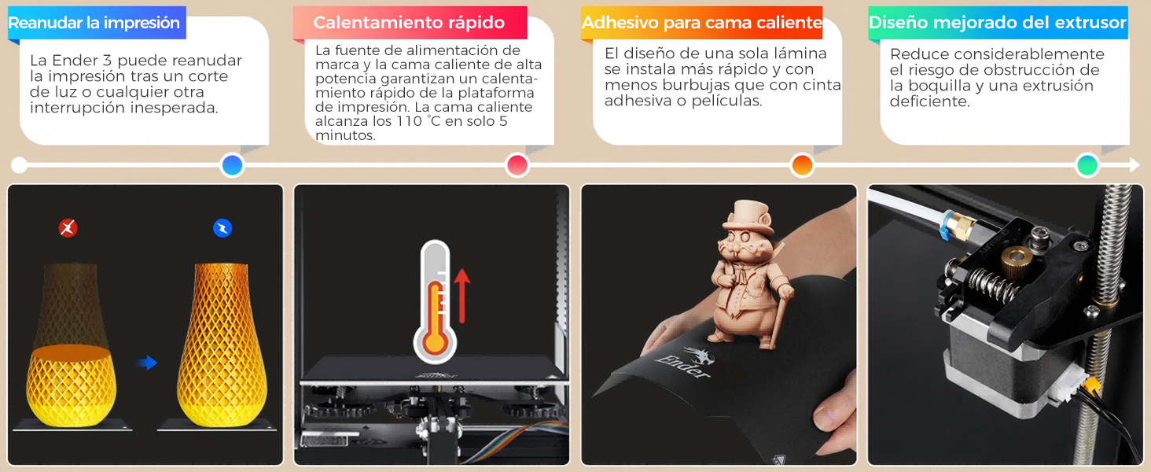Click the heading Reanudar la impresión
pyautogui.click(x=94, y=23)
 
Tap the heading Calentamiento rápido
pyautogui.click(x=409, y=23)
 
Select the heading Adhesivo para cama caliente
pyautogui.click(x=702, y=23)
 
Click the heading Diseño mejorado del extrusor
pyautogui.click(x=998, y=23)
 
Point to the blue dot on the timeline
pyautogui.click(x=232, y=165)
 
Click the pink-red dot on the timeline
pyautogui.click(x=517, y=165)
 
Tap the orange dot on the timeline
pyautogui.click(x=802, y=165)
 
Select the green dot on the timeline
pyautogui.click(x=1087, y=165)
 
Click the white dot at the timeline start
pyautogui.click(x=19, y=165)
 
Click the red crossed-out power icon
pyautogui.click(x=68, y=228)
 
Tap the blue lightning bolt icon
pyautogui.click(x=222, y=228)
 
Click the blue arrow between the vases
pyautogui.click(x=147, y=363)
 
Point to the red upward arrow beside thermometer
pyautogui.click(x=462, y=296)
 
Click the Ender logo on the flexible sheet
pyautogui.click(x=686, y=363)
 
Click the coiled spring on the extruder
pyautogui.click(x=991, y=285)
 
